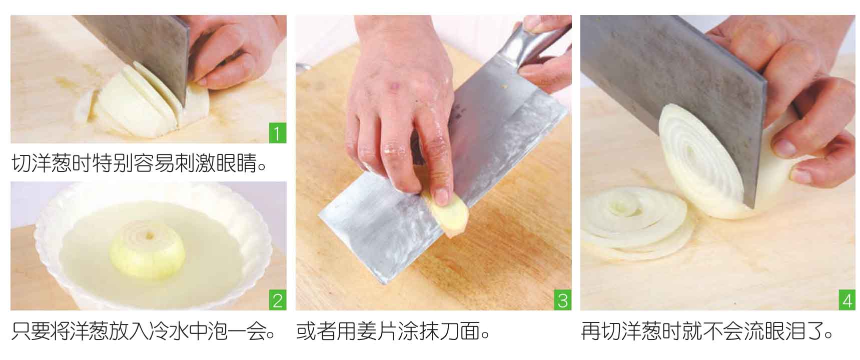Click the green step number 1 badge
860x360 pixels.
pos(278,134)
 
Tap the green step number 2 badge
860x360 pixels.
pos(278,301)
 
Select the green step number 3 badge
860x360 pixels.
pos(563,301)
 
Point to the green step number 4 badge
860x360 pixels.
pos(847,301)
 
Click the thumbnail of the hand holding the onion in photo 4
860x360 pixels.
pos(784,146)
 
